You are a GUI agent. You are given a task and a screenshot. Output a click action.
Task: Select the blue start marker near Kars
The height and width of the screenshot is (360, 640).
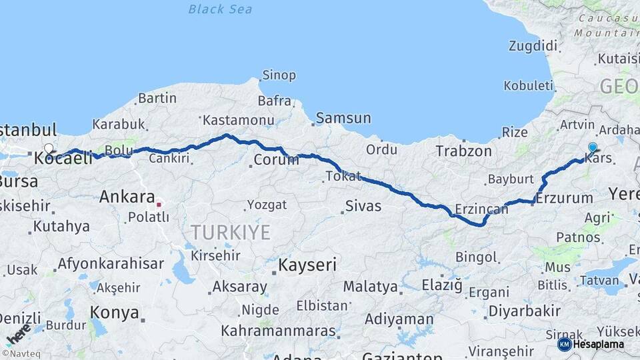(x=593, y=147)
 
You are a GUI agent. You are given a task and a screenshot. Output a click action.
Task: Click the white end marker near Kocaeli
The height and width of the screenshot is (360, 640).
(x=49, y=148)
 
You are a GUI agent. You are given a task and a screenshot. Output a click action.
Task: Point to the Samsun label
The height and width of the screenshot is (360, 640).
(x=343, y=118)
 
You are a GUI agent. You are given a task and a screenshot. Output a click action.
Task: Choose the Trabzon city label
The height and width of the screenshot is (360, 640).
(x=464, y=151)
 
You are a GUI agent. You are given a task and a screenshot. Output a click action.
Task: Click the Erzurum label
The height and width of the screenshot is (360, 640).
(x=564, y=198)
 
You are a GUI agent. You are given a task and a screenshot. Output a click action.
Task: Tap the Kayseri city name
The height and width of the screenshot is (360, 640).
(x=307, y=265)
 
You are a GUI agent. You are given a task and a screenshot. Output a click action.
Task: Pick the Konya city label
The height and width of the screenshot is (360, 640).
(x=115, y=313)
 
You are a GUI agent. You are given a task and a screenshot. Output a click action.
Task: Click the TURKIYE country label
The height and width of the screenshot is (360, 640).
(x=231, y=233)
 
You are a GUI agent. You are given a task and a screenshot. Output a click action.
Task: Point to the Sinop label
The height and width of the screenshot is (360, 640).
(x=279, y=75)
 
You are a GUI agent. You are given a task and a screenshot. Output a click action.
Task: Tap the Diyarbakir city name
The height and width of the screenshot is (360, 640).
(x=525, y=311)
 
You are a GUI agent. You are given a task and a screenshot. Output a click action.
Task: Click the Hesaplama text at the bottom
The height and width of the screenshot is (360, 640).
(x=598, y=345)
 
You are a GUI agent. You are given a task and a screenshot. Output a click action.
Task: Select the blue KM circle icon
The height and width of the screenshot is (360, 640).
(x=564, y=345)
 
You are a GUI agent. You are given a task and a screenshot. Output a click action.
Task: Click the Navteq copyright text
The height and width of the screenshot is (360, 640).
(x=21, y=354)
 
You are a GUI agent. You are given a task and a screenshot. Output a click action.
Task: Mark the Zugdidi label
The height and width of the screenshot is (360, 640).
(x=533, y=46)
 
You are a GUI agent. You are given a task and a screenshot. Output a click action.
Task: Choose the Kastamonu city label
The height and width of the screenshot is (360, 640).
(x=239, y=121)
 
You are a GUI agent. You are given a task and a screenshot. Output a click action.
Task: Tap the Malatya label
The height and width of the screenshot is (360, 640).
(x=371, y=287)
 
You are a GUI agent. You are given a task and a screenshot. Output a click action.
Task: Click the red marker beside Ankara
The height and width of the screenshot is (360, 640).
(x=159, y=198)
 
